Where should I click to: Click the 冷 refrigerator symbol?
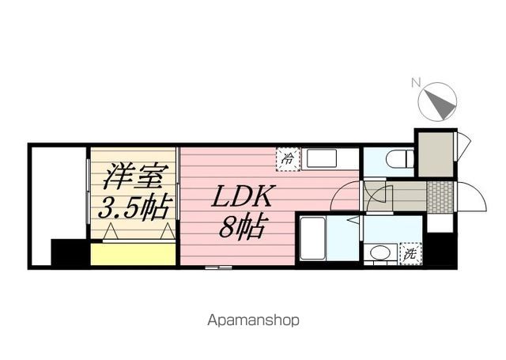[x=287, y=157]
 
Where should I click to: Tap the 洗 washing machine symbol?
[x=410, y=255]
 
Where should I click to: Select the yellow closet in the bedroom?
[x=133, y=255]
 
